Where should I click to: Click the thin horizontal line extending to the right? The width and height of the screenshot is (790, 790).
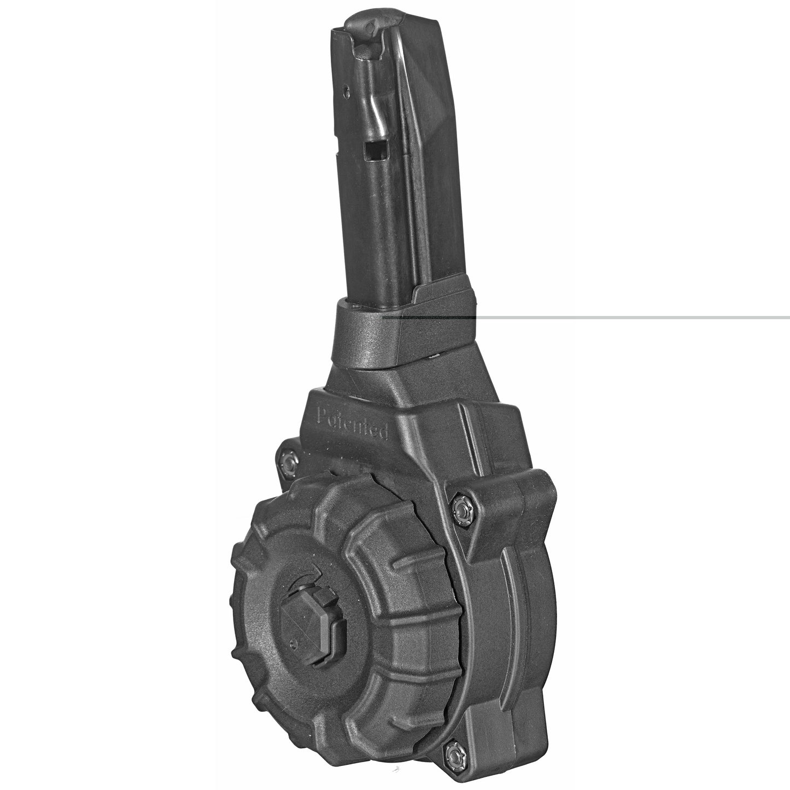pyautogui.click(x=629, y=317)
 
